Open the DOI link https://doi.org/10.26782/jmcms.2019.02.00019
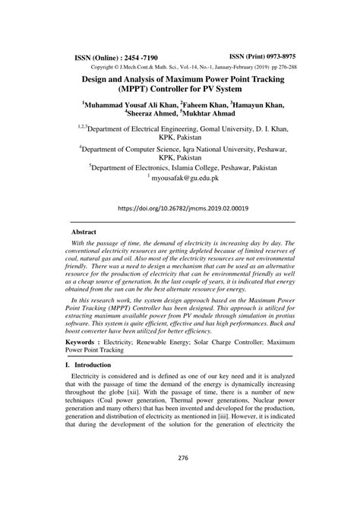tap(179, 207)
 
